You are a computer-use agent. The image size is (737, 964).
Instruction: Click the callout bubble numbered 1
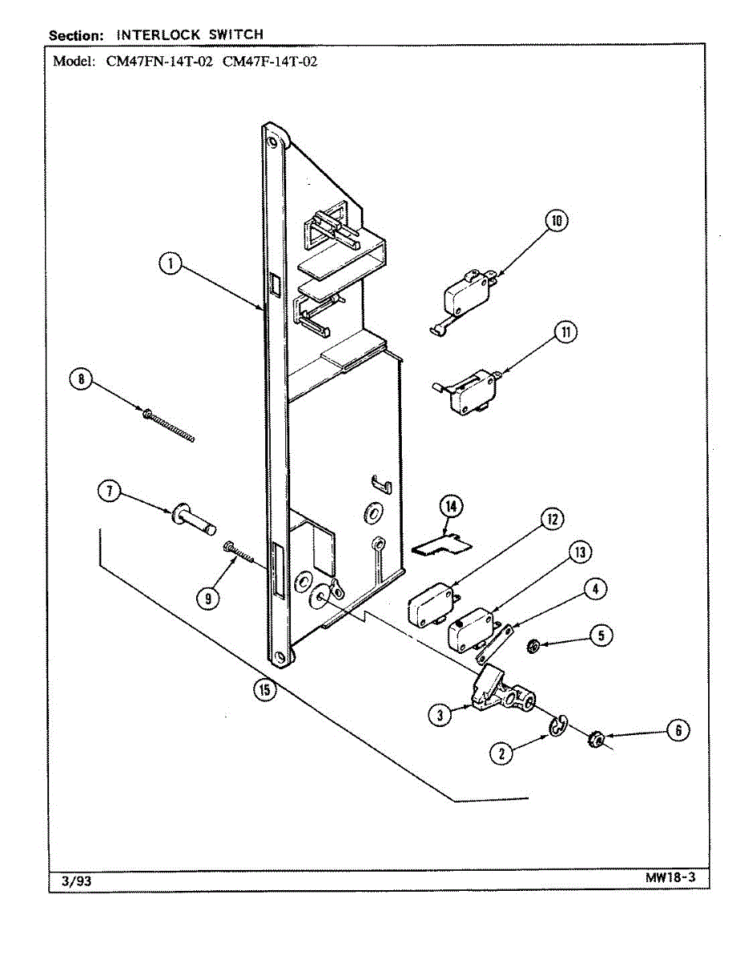pos(170,263)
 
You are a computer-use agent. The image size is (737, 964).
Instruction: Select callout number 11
pos(567,333)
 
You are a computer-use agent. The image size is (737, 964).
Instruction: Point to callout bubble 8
pos(80,379)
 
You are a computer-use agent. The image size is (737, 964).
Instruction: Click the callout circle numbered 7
pos(109,491)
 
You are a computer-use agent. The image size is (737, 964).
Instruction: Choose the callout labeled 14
pos(451,506)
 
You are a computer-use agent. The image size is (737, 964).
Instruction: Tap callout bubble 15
pos(262,688)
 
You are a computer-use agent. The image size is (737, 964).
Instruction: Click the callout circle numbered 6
pos(677,730)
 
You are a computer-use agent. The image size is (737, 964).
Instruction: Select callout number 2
pos(502,753)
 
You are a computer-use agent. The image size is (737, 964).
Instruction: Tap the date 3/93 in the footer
pos(76,880)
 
